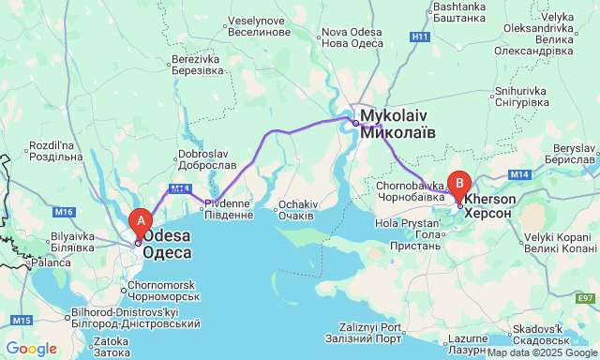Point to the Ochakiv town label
(x=299, y=209)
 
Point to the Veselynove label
(x=255, y=25)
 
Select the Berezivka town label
(x=198, y=65)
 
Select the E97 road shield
(x=587, y=298)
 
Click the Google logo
(x=31, y=349)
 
